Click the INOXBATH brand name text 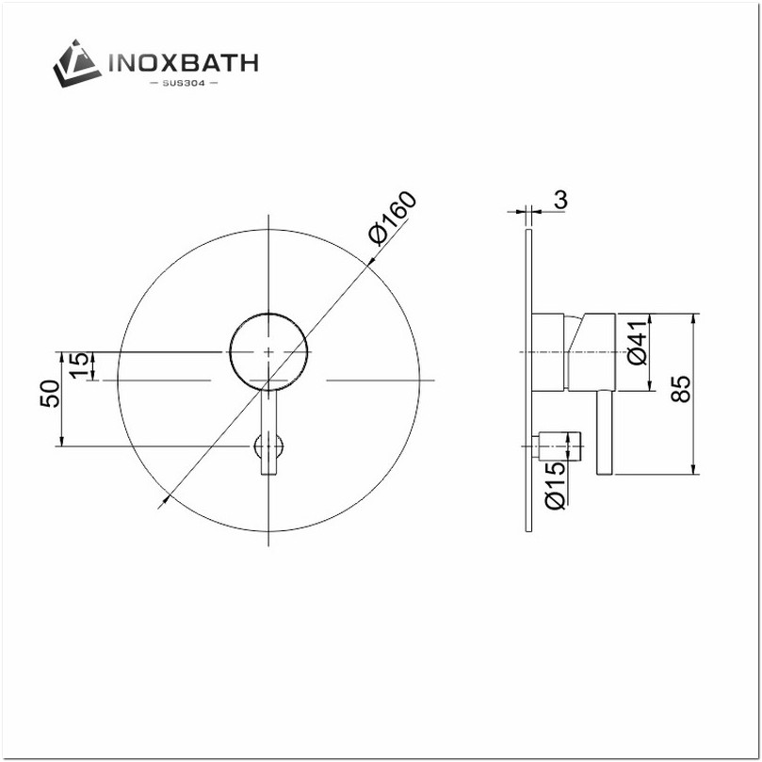point(185,64)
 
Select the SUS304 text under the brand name point(185,85)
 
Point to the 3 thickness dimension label point(560,200)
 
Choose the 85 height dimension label point(682,389)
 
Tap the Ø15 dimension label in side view point(556,485)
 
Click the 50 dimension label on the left point(50,394)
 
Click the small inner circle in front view point(268,350)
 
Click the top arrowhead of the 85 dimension point(692,317)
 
